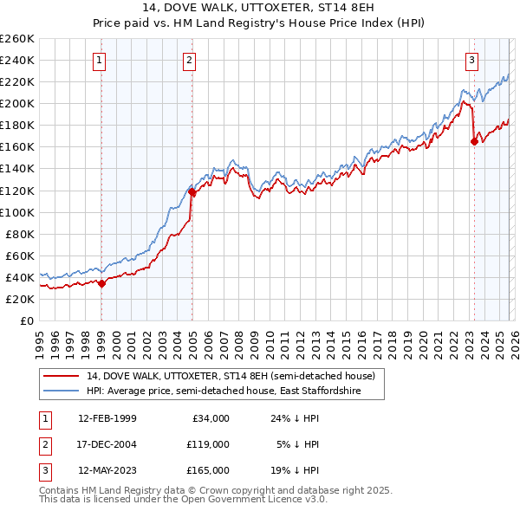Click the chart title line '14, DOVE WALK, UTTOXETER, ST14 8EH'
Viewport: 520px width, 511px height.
pyautogui.click(x=260, y=8)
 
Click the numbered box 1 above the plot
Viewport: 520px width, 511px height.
pyautogui.click(x=101, y=60)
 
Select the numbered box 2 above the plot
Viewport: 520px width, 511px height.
pyautogui.click(x=189, y=60)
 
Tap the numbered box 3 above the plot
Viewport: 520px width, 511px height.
pyautogui.click(x=472, y=60)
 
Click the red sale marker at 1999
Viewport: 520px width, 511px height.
pyautogui.click(x=101, y=282)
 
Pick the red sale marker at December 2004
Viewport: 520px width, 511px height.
pyautogui.click(x=192, y=192)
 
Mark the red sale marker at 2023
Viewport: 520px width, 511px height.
pyautogui.click(x=474, y=142)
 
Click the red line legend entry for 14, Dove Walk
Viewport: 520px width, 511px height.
pyautogui.click(x=230, y=376)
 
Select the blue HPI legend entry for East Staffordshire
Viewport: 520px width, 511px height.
pyautogui.click(x=234, y=391)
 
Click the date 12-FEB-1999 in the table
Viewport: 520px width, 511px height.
pyautogui.click(x=107, y=418)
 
